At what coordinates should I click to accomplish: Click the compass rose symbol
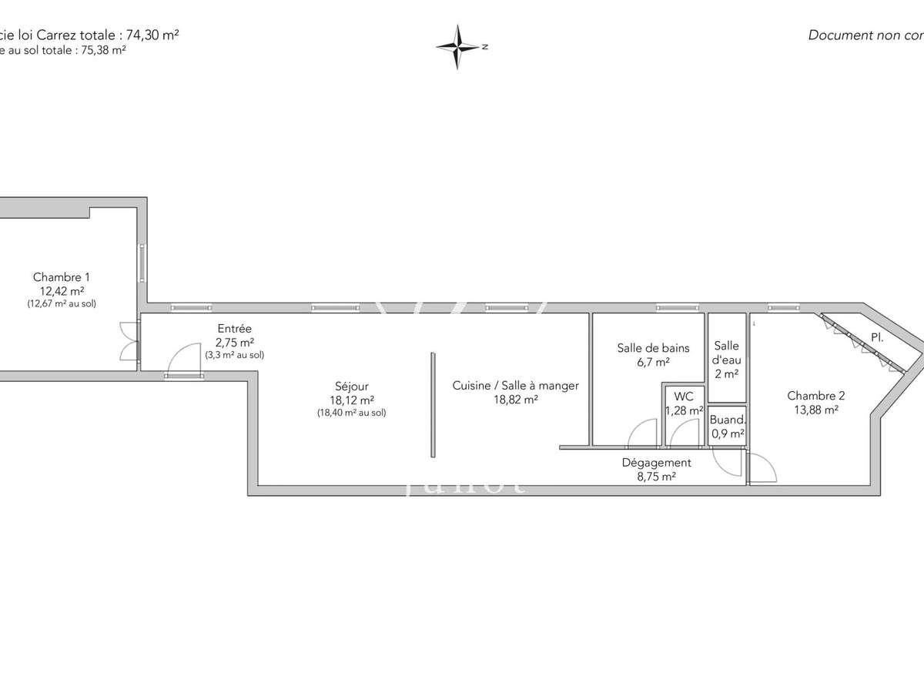coord(459,47)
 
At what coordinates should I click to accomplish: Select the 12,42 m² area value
coord(62,291)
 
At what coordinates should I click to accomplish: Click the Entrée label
coord(235,329)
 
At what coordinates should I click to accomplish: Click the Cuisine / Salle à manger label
coord(515,386)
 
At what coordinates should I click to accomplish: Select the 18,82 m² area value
coord(515,400)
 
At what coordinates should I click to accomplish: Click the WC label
coord(684,397)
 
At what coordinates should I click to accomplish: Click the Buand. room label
coord(727,420)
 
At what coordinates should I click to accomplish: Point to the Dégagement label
coord(656,463)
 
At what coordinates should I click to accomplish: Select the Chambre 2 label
coord(815,396)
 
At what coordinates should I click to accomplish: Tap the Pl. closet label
coord(876,336)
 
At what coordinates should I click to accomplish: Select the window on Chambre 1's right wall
coord(142,263)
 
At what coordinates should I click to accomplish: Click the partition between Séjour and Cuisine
coord(434,404)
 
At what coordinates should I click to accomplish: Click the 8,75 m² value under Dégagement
coord(656,477)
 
